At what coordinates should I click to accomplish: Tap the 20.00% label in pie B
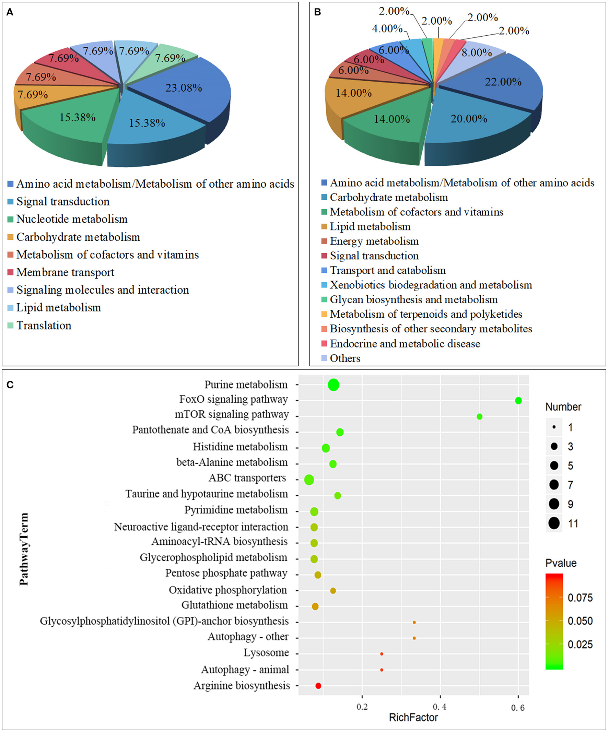[469, 119]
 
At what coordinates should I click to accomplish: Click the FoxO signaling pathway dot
[518, 401]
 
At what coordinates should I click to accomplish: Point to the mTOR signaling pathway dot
[479, 416]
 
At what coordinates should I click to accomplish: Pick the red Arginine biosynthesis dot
[318, 686]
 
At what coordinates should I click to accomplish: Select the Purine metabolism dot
[334, 385]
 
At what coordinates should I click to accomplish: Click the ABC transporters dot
[309, 480]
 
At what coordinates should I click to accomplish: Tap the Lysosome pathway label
[266, 652]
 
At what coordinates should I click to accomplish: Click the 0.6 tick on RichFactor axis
[518, 707]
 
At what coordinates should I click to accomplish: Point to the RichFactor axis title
[413, 717]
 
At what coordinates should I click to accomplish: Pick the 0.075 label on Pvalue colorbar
[580, 598]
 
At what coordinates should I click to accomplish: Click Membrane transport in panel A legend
[65, 272]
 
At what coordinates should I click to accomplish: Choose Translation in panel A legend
[44, 326]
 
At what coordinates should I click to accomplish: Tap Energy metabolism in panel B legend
[374, 241]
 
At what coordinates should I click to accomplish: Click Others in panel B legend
[345, 358]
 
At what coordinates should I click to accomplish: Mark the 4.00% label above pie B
[387, 28]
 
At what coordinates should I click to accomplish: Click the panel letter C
[10, 385]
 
